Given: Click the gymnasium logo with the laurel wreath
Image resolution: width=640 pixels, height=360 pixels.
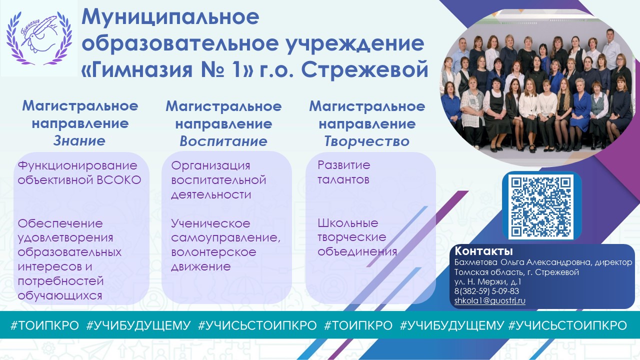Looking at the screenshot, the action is tap(39, 38).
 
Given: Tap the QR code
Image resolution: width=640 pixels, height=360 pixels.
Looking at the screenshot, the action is tap(541, 206).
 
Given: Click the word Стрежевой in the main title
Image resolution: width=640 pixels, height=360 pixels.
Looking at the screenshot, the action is tap(365, 69).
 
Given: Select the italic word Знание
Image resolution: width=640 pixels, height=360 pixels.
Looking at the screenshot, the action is tap(79, 141).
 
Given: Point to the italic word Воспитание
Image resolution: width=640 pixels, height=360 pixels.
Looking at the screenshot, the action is tap(223, 141).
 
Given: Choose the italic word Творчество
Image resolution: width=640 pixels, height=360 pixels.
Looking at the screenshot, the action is tap(367, 141).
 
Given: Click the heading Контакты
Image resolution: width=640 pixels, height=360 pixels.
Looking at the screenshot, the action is tap(483, 251).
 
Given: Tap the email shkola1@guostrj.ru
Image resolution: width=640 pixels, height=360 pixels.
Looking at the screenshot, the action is tap(489, 300).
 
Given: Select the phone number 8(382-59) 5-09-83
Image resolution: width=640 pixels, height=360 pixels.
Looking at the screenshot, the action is tap(486, 291).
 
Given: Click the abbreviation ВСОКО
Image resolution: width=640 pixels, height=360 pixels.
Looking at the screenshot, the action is tap(119, 180).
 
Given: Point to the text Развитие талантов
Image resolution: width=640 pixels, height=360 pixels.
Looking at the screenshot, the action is tap(343, 172).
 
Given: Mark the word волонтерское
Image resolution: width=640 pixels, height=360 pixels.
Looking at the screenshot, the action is tap(213, 252).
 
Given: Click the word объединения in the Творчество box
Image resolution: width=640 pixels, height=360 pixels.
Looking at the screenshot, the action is tap(357, 251).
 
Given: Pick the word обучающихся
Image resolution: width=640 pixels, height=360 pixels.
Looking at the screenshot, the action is tap(59, 295).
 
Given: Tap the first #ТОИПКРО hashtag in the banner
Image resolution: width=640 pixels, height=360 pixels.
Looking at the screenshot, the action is tap(44, 325).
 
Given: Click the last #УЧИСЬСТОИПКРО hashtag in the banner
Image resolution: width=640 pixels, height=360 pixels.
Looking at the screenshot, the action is tap(567, 325).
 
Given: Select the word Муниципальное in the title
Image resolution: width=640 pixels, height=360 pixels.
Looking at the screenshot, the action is tap(170, 17).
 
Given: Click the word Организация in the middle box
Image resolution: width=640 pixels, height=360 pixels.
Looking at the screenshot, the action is tap(210, 165).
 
